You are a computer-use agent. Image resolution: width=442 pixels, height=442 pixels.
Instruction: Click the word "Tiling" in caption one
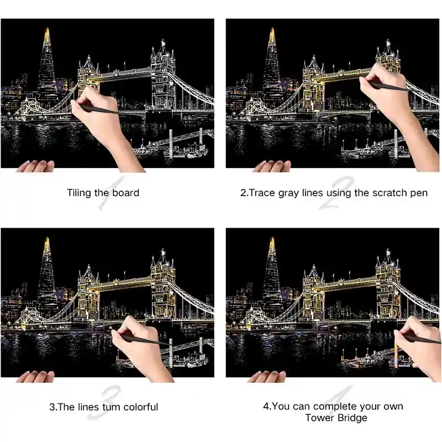coord(79,193)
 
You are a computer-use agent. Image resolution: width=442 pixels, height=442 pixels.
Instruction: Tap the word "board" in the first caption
coord(126,193)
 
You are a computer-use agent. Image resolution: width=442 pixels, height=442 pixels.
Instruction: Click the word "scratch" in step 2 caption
coord(389,193)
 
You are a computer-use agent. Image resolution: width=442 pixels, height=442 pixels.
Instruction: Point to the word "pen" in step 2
coord(418,194)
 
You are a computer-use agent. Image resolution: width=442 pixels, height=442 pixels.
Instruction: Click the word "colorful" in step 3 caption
coord(141,407)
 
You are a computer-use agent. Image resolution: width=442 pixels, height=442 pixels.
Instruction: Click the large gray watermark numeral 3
coord(104,403)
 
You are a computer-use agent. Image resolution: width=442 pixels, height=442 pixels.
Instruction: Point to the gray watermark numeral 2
coord(336,193)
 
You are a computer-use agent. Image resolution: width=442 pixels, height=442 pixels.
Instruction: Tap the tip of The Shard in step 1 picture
coord(48,28)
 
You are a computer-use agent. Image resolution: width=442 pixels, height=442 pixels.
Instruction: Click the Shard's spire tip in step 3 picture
coord(47,238)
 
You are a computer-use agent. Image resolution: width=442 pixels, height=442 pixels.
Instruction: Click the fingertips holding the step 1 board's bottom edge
coord(36,166)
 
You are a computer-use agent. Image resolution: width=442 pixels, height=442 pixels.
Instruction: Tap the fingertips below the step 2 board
coord(272,166)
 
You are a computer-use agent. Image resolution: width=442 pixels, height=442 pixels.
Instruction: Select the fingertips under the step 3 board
coord(36,376)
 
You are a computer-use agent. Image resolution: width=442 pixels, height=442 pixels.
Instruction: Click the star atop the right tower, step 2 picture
coord(388,43)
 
